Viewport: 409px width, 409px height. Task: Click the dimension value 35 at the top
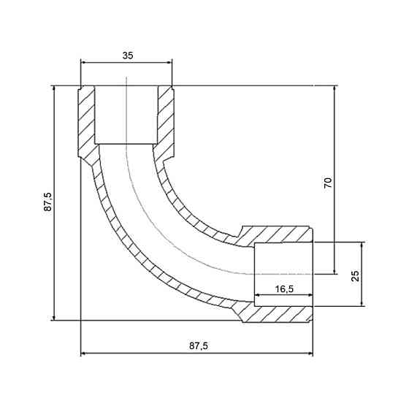click(128, 56)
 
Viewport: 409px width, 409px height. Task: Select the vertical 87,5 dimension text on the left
click(47, 202)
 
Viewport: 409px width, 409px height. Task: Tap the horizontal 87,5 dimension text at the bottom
click(199, 346)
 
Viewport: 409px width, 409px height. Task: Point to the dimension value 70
click(328, 183)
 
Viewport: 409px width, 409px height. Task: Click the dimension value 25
click(355, 276)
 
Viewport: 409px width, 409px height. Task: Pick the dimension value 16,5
click(284, 288)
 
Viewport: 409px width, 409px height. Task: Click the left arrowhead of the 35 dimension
click(83, 62)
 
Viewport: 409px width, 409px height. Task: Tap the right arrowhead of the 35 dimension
click(169, 62)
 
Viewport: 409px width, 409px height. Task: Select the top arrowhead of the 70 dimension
click(335, 88)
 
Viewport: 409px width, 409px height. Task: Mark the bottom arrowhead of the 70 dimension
click(335, 271)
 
